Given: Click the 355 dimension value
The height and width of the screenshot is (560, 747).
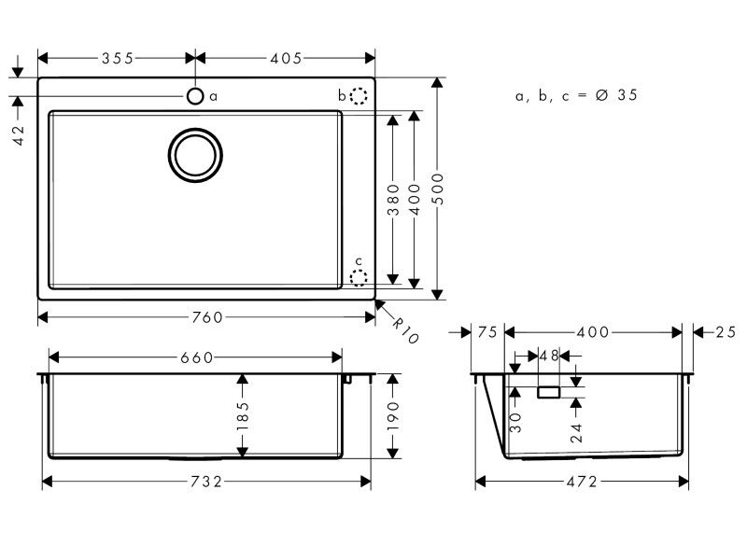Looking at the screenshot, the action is [118, 59].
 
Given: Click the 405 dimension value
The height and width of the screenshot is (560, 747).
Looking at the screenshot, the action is [286, 59].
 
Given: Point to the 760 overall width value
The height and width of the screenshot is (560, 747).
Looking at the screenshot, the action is [207, 317].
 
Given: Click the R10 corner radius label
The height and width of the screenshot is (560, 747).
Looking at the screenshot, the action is [405, 330].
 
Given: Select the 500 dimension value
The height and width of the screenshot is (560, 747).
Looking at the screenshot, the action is [437, 189].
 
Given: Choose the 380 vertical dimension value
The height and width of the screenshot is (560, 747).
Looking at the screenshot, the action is [393, 200].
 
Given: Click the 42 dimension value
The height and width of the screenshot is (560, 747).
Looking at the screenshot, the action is [18, 134].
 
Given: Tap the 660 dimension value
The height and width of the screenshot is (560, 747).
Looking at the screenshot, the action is [197, 357].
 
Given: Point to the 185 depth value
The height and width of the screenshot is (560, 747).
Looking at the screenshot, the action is [243, 415].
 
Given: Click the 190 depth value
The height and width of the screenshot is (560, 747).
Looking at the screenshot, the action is [393, 415].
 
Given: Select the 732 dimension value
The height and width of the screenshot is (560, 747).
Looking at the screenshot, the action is [206, 482].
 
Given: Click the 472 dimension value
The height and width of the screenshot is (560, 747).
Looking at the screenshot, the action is [582, 482].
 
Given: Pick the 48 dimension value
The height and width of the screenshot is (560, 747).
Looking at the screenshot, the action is [549, 356].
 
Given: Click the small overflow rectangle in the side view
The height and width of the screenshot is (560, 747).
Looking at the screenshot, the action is [549, 392].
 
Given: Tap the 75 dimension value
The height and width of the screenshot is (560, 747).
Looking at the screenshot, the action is [487, 332].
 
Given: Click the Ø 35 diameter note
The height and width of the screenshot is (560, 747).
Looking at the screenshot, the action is [616, 95].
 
